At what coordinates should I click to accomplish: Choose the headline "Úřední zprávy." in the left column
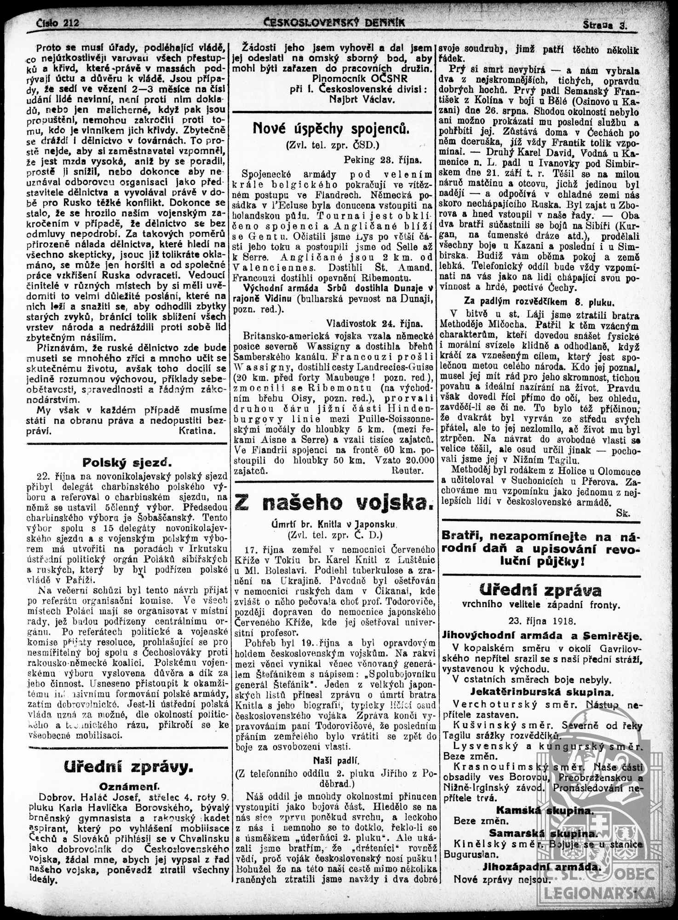(128, 767)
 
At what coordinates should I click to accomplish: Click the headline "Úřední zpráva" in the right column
(540, 590)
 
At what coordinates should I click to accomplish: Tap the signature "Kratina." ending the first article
(196, 431)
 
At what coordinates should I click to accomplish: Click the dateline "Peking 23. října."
(382, 160)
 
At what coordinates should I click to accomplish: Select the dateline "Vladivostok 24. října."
(374, 323)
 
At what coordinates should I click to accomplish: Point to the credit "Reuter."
(407, 470)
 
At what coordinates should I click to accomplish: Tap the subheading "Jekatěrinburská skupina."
(542, 692)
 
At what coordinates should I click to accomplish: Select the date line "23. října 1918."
(542, 621)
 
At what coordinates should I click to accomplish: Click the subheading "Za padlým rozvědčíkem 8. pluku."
(539, 302)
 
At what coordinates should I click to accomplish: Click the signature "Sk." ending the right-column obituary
(622, 513)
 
